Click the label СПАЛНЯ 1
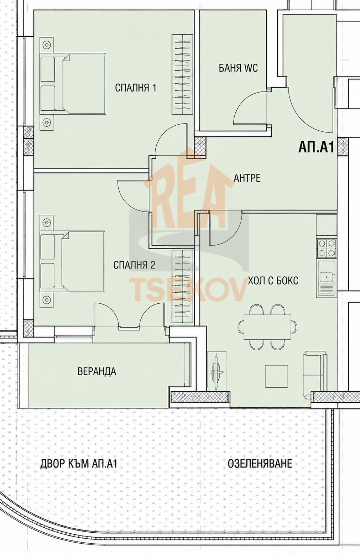tap(136, 88)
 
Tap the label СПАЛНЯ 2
tap(134, 265)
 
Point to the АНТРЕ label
tap(247, 178)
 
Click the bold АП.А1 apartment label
tap(316, 147)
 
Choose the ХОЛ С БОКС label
tap(273, 281)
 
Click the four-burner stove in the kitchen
tap(327, 248)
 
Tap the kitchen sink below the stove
tap(327, 278)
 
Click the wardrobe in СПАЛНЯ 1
tap(182, 74)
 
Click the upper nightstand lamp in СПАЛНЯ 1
tap(46, 45)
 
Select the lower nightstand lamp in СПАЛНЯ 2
tap(46, 300)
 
